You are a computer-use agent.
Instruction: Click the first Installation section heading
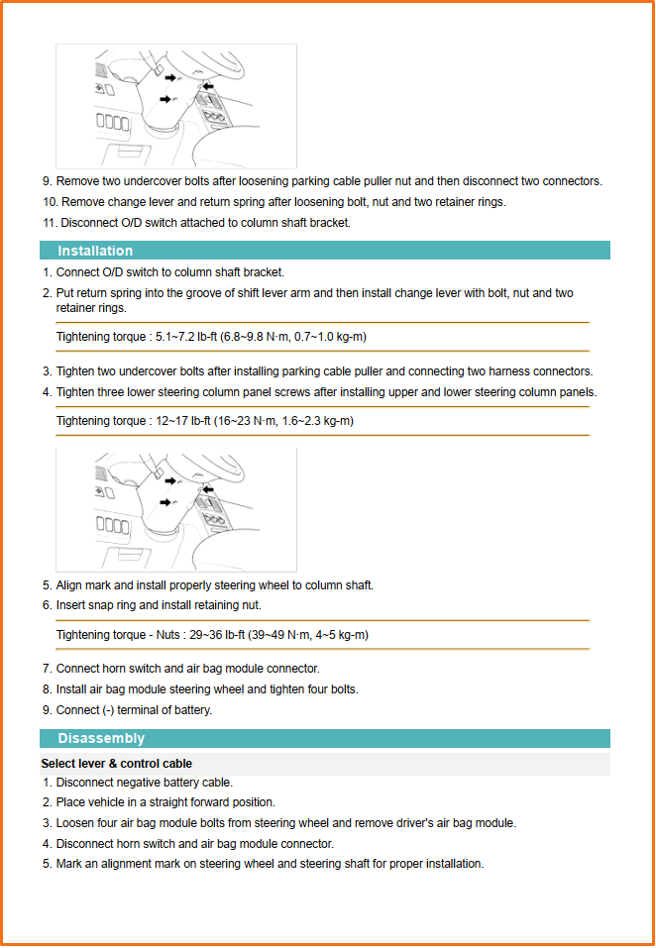click(95, 251)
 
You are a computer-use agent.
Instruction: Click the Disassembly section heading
click(101, 738)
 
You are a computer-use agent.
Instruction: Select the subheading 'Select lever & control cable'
click(116, 764)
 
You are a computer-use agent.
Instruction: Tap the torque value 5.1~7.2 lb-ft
click(186, 337)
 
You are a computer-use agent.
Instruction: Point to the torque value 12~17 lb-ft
click(182, 421)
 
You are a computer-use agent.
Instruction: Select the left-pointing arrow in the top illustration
click(207, 87)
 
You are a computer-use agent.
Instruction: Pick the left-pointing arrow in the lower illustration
click(207, 488)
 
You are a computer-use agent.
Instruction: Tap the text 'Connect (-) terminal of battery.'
click(134, 710)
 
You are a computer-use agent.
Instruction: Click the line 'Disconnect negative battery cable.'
click(145, 783)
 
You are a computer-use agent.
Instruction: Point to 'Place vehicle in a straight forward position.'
click(165, 802)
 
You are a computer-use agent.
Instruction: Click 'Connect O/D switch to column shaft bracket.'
click(170, 272)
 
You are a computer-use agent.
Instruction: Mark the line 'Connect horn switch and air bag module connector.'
click(187, 669)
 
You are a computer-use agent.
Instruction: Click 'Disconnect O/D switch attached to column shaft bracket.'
click(203, 223)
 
